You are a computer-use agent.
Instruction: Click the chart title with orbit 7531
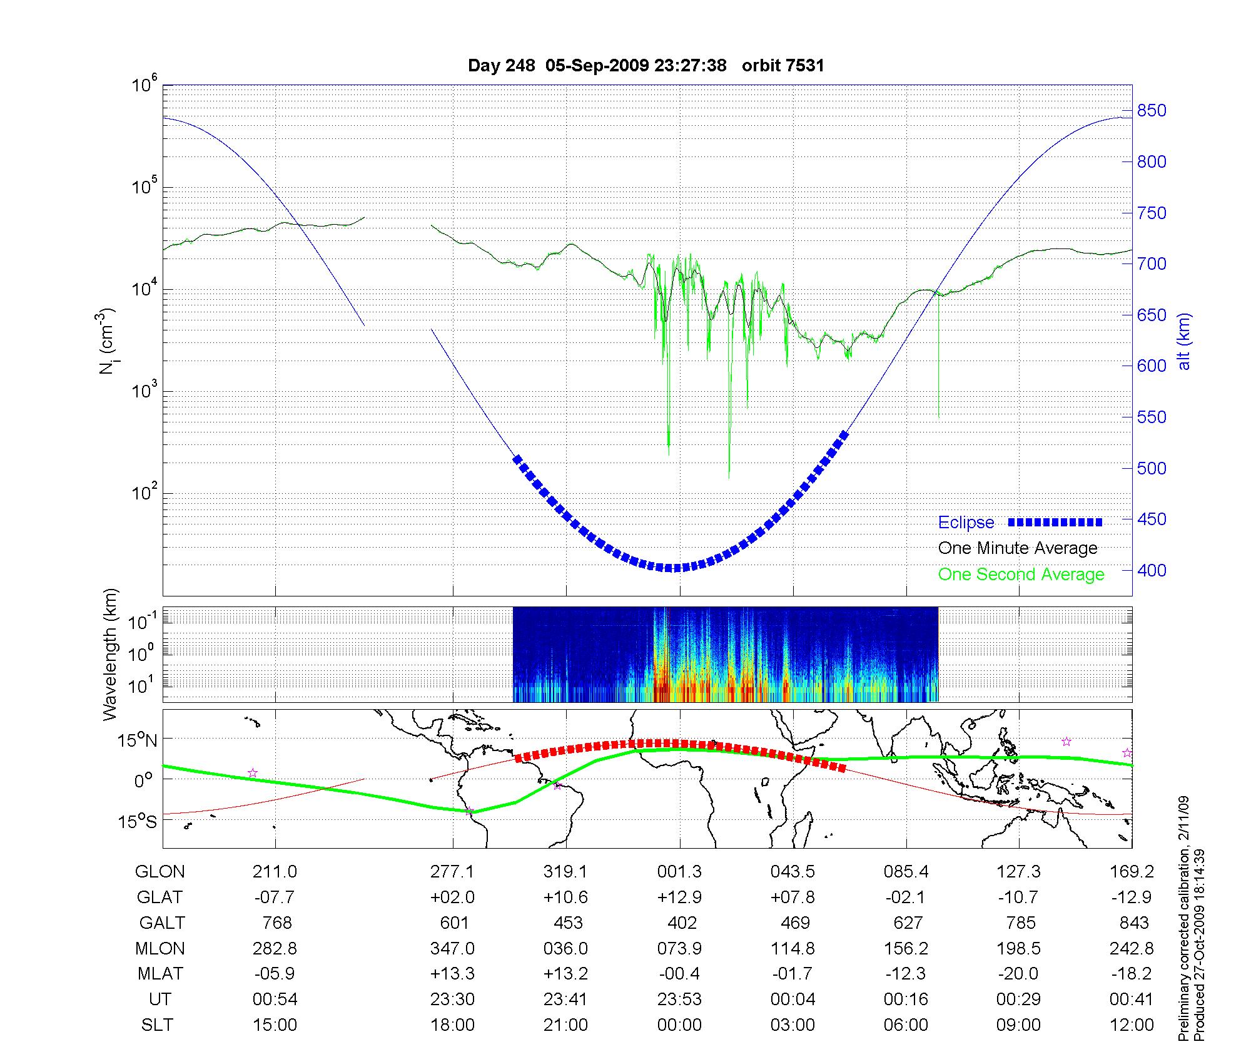[x=646, y=66]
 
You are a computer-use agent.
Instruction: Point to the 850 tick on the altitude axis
[x=1152, y=111]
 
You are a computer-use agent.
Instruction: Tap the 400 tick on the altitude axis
[x=1152, y=570]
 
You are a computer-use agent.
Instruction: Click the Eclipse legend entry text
[x=966, y=523]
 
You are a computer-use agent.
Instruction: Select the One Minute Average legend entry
[x=1018, y=548]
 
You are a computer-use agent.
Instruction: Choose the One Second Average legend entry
[x=1021, y=575]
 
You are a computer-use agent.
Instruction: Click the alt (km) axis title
[x=1184, y=341]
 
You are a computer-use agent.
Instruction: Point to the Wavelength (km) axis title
[x=111, y=654]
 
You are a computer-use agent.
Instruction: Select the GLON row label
[x=160, y=871]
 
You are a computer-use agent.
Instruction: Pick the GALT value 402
[x=682, y=923]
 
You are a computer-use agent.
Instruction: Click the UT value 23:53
[x=679, y=999]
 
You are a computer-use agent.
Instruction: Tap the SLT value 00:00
[x=679, y=1025]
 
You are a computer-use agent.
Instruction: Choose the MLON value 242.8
[x=1132, y=948]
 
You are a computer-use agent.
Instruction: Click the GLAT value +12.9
[x=679, y=897]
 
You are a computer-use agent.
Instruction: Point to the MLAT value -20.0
[x=1019, y=974]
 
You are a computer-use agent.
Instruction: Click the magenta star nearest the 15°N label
[x=253, y=773]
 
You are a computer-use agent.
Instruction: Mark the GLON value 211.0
[x=275, y=871]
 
